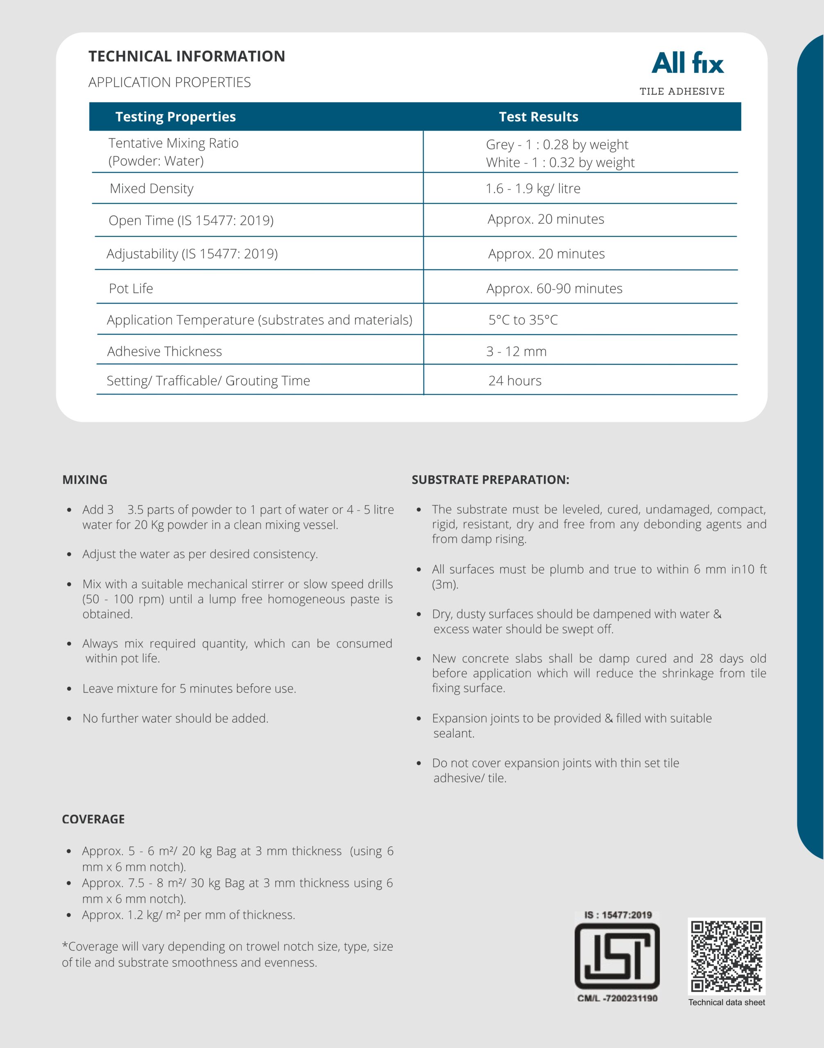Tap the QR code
click(726, 956)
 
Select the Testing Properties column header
click(176, 117)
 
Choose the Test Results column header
click(539, 117)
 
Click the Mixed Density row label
click(152, 189)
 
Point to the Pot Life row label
click(131, 289)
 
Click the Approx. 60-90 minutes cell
click(555, 289)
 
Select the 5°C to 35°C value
click(523, 320)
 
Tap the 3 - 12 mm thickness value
click(516, 352)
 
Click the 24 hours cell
click(515, 381)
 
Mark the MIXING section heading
click(85, 480)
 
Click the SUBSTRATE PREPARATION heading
click(490, 480)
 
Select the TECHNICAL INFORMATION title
click(187, 56)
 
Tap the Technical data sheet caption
click(727, 1003)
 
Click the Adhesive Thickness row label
click(165, 352)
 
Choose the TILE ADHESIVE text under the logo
click(681, 92)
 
